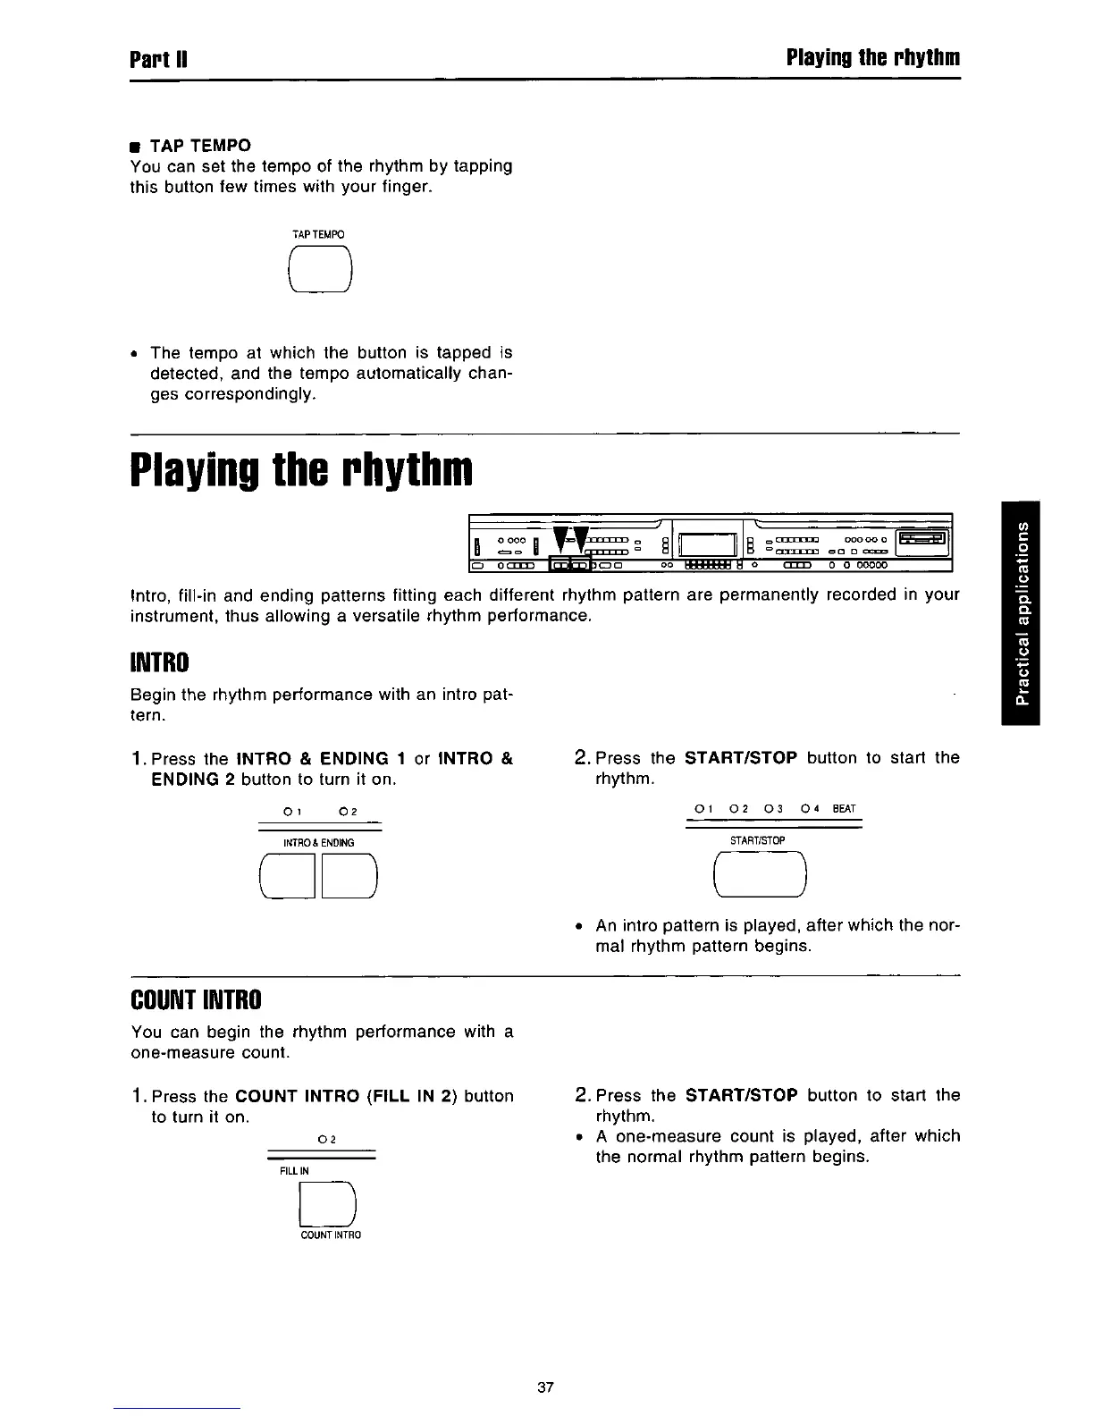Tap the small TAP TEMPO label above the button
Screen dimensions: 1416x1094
[x=318, y=234]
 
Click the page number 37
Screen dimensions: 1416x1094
[x=546, y=1388]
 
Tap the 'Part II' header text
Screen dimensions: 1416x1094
[x=157, y=59]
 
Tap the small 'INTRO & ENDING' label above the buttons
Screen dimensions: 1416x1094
[x=318, y=843]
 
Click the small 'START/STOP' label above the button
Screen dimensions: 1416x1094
[x=757, y=840]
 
